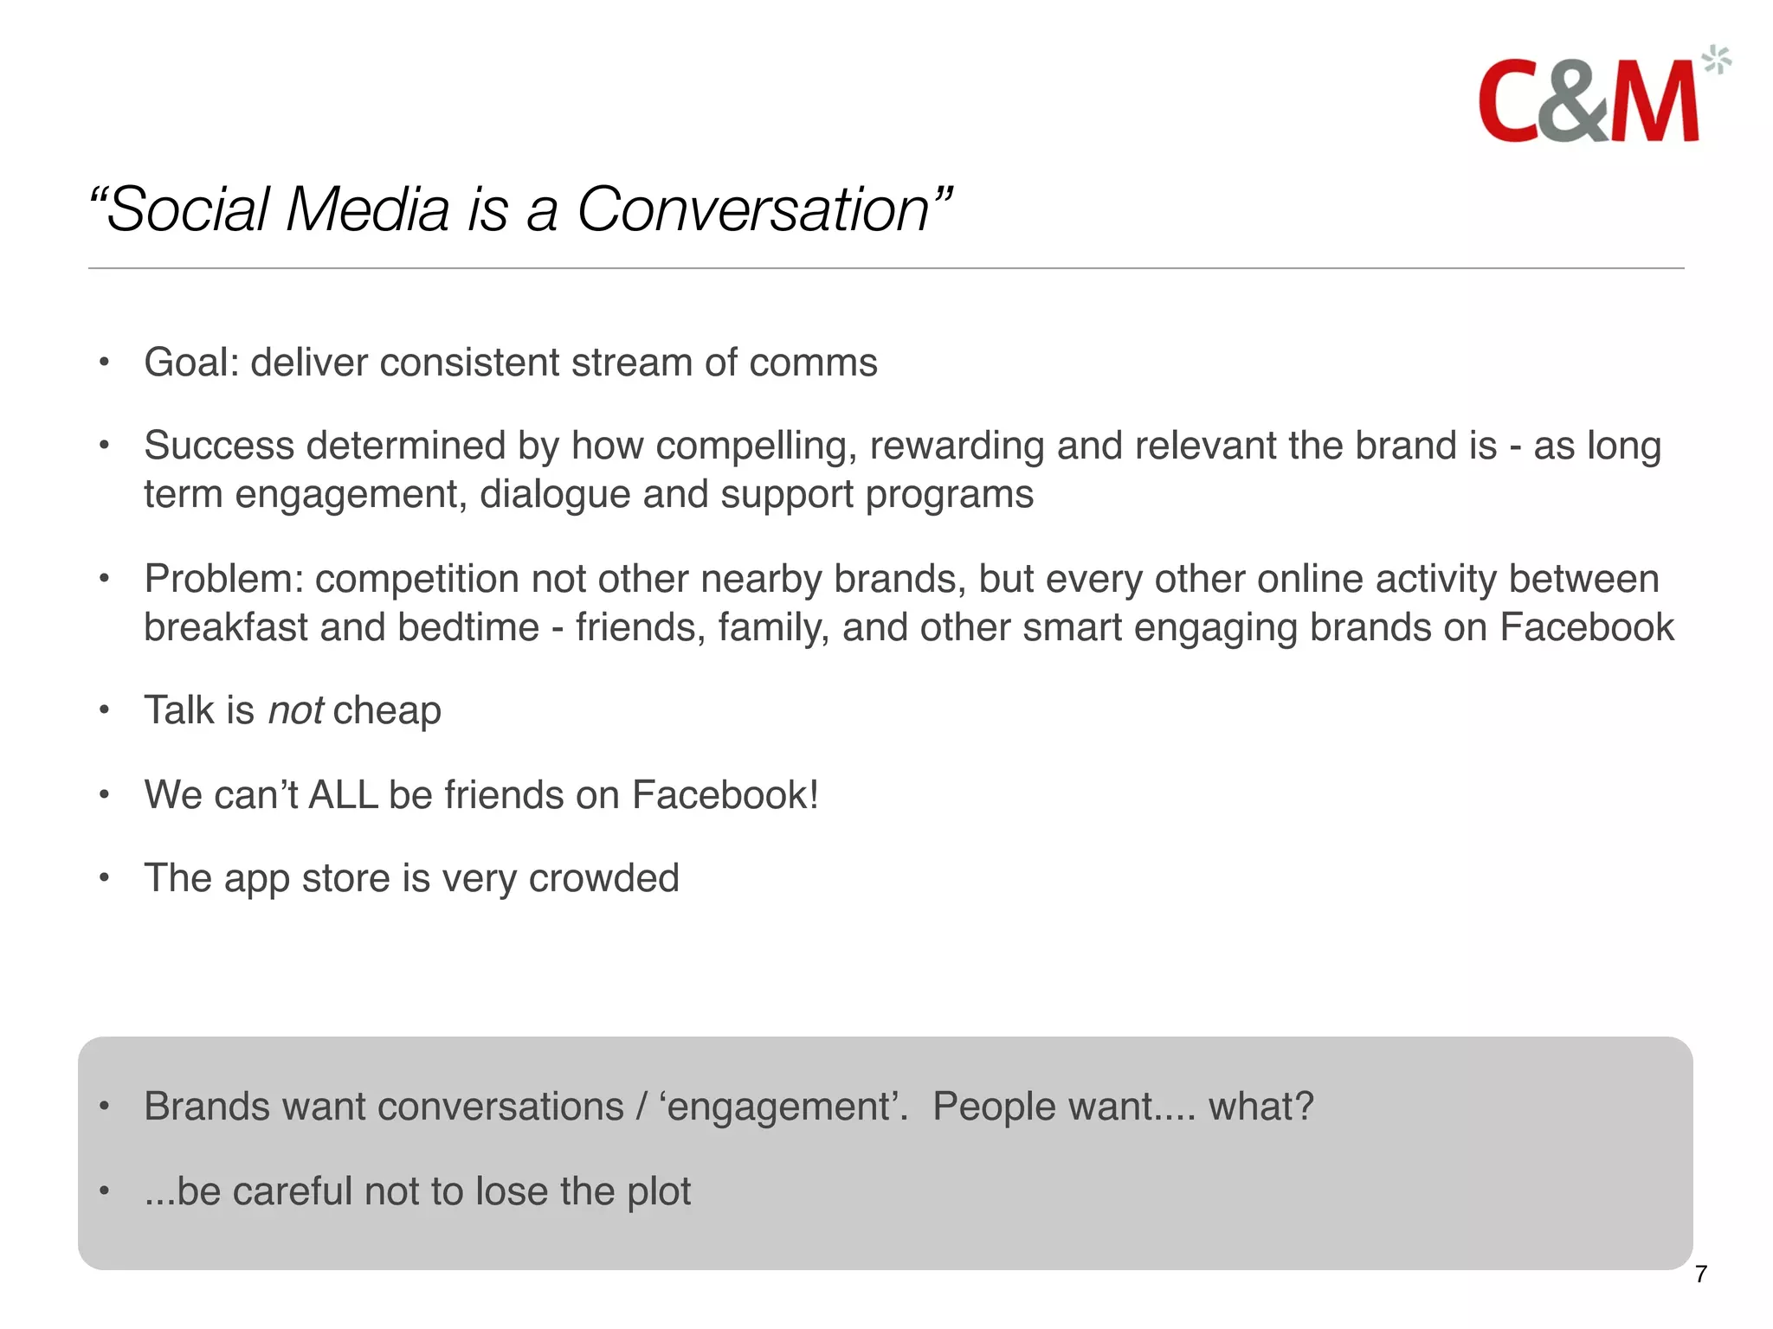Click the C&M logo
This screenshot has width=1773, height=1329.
(1589, 102)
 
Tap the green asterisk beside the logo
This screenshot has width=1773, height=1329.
(1716, 61)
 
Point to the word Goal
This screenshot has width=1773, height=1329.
(188, 363)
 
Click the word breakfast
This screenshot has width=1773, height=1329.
(225, 627)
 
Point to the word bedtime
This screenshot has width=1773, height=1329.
(467, 627)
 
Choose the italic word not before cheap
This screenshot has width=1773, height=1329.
(295, 711)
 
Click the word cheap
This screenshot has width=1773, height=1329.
(387, 711)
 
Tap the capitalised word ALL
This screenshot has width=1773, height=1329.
(343, 795)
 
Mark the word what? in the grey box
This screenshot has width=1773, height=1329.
(1260, 1107)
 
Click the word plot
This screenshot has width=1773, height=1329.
(659, 1192)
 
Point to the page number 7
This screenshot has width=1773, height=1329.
(1700, 1274)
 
